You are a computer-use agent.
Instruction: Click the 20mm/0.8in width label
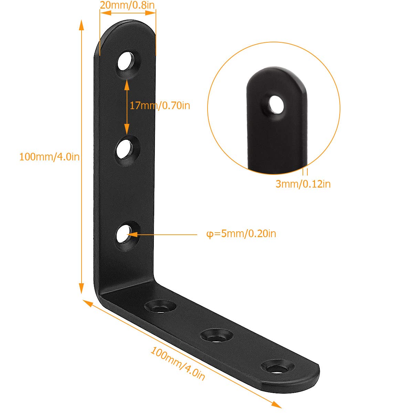[x=127, y=5]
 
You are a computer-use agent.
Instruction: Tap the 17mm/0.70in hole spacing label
[x=160, y=105]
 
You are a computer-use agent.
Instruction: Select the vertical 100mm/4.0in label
[x=49, y=157]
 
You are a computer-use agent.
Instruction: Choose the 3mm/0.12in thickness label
[x=303, y=184]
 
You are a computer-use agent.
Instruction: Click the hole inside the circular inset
[x=276, y=104]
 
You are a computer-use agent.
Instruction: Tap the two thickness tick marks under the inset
[x=305, y=172]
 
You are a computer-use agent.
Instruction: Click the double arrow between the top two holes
[x=127, y=107]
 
